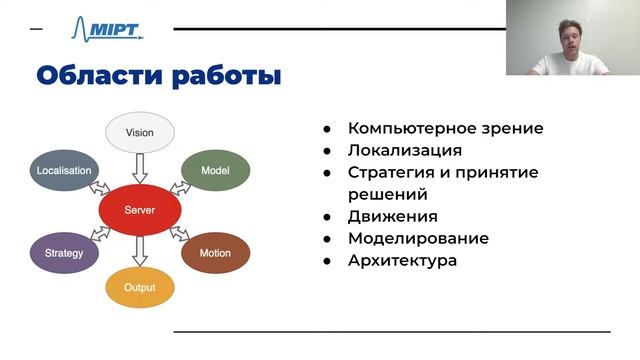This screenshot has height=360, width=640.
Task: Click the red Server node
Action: pos(140,210)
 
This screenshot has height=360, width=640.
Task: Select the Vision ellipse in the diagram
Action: pos(140,133)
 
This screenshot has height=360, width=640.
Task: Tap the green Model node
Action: pos(215,171)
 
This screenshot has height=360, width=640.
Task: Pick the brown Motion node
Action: pos(215,253)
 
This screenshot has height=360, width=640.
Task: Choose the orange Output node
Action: pos(140,288)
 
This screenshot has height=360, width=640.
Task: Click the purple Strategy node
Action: pos(64,253)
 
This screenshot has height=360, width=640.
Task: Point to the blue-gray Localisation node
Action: pos(64,171)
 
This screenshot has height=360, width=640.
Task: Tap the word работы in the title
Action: pos(225,76)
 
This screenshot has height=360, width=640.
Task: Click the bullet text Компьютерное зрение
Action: pos(446,128)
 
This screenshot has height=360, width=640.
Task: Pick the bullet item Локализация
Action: pos(405,150)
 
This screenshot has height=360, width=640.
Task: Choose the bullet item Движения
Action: pos(393,216)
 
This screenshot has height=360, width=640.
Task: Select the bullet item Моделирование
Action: pos(418,238)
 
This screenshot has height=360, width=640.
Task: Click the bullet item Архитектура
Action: pos(402,260)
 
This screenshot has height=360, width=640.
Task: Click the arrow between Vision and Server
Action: pos(140,168)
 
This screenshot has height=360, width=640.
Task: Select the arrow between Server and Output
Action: pos(140,250)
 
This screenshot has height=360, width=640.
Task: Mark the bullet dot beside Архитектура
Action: pos(327,261)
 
